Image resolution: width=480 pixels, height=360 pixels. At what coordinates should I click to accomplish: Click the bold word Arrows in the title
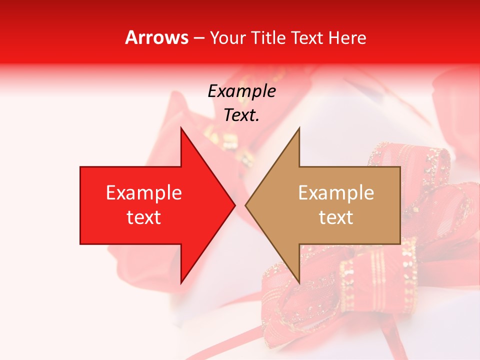click(x=157, y=37)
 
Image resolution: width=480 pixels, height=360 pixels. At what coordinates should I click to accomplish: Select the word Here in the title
click(x=347, y=37)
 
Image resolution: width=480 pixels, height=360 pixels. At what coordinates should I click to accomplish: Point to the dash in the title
click(x=198, y=37)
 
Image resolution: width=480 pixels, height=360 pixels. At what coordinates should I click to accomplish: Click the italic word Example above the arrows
click(x=241, y=91)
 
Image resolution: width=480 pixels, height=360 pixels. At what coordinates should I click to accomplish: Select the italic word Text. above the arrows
click(x=241, y=115)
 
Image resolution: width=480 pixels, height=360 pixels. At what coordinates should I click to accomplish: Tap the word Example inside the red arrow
click(x=144, y=192)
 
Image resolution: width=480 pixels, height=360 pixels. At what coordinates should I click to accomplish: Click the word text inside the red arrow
click(x=144, y=217)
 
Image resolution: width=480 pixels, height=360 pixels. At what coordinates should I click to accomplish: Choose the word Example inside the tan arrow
click(x=336, y=192)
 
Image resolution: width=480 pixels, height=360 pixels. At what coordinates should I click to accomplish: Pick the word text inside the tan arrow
click(x=336, y=217)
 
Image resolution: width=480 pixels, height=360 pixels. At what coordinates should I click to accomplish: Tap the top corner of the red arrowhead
click(x=181, y=128)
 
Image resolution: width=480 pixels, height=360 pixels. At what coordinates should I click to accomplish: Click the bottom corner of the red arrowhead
click(x=181, y=282)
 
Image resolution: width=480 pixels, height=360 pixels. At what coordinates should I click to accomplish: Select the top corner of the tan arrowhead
click(x=299, y=128)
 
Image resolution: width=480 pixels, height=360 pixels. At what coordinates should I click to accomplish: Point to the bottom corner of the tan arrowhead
click(x=299, y=282)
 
